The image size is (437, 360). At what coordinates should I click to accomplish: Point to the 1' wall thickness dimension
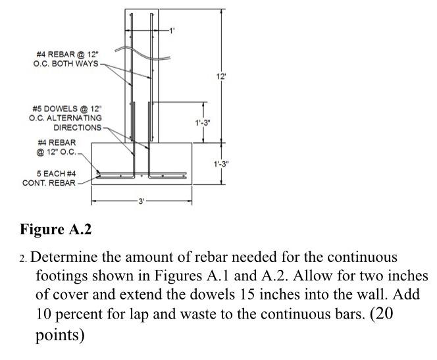(172, 31)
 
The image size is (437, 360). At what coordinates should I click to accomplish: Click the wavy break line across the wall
(140, 52)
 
